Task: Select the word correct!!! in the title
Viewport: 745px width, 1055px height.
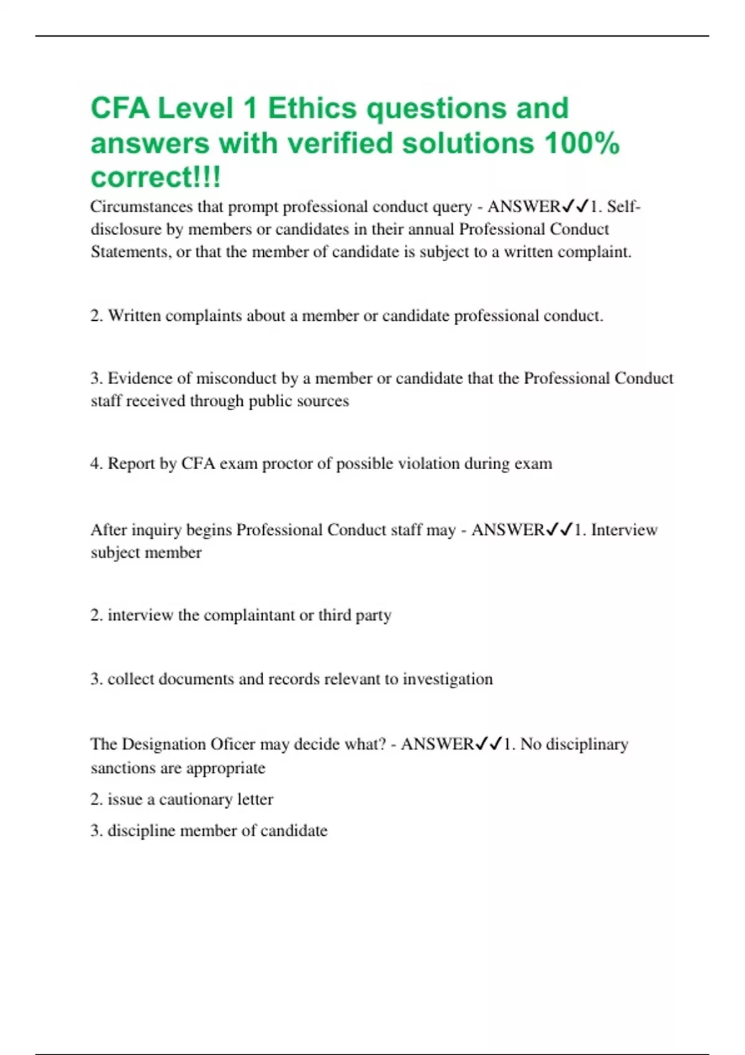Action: click(x=155, y=177)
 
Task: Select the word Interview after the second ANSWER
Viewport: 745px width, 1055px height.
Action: click(x=624, y=530)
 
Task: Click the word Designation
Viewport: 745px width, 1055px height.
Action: click(x=164, y=744)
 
